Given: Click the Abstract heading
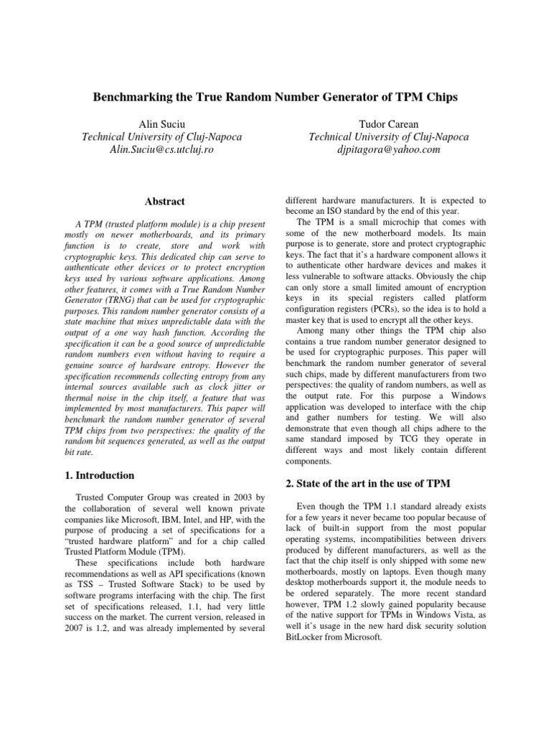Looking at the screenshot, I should click(x=164, y=202).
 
